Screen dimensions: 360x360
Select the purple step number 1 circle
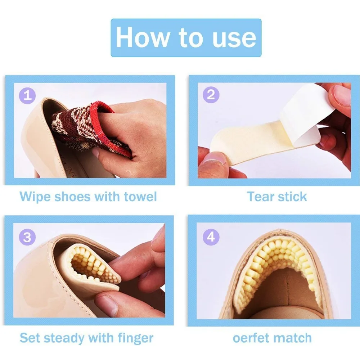pos(27,95)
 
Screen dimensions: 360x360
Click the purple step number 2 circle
pos(211,95)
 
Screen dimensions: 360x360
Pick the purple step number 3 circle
pos(27,237)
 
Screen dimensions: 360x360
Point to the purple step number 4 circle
pos(211,237)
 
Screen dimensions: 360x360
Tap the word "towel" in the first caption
pos(140,197)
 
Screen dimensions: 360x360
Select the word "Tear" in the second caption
pos(261,197)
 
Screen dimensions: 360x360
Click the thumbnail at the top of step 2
pos(342,94)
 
